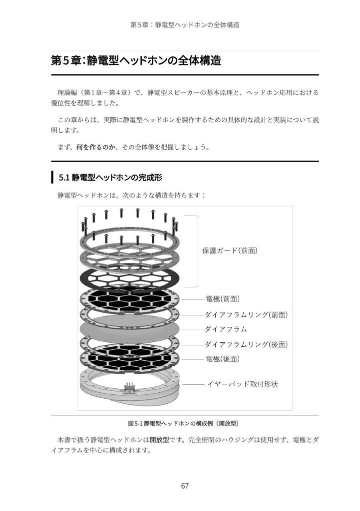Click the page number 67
point(185,486)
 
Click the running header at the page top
point(185,24)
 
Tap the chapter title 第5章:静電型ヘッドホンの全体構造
point(136,61)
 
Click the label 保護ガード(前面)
point(230,251)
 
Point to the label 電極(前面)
point(223,299)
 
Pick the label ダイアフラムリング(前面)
point(247,315)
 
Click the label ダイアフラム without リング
point(226,329)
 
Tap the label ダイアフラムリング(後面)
point(247,344)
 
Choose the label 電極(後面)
point(223,359)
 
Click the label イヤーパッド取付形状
point(242,384)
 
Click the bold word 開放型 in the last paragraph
point(159,441)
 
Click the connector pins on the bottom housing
point(130,387)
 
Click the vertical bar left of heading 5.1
point(52,178)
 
